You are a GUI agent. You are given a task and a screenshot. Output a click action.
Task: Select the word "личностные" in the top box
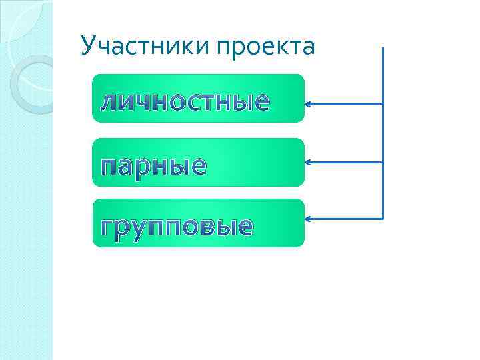click(x=185, y=101)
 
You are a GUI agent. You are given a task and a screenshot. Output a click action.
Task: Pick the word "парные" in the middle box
click(x=153, y=165)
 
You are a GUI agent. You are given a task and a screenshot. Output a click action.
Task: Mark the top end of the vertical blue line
click(x=383, y=48)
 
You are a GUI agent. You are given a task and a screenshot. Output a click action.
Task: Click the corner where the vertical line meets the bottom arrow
click(x=383, y=219)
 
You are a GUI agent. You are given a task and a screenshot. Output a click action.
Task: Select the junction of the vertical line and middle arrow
click(x=383, y=162)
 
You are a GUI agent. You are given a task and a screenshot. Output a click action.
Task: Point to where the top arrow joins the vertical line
click(x=383, y=104)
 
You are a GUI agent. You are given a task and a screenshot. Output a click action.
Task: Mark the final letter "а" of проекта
click(x=307, y=48)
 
